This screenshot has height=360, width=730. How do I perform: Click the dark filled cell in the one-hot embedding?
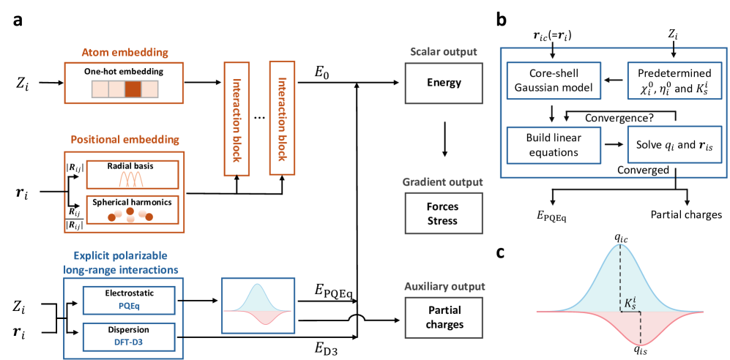pyautogui.click(x=133, y=89)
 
